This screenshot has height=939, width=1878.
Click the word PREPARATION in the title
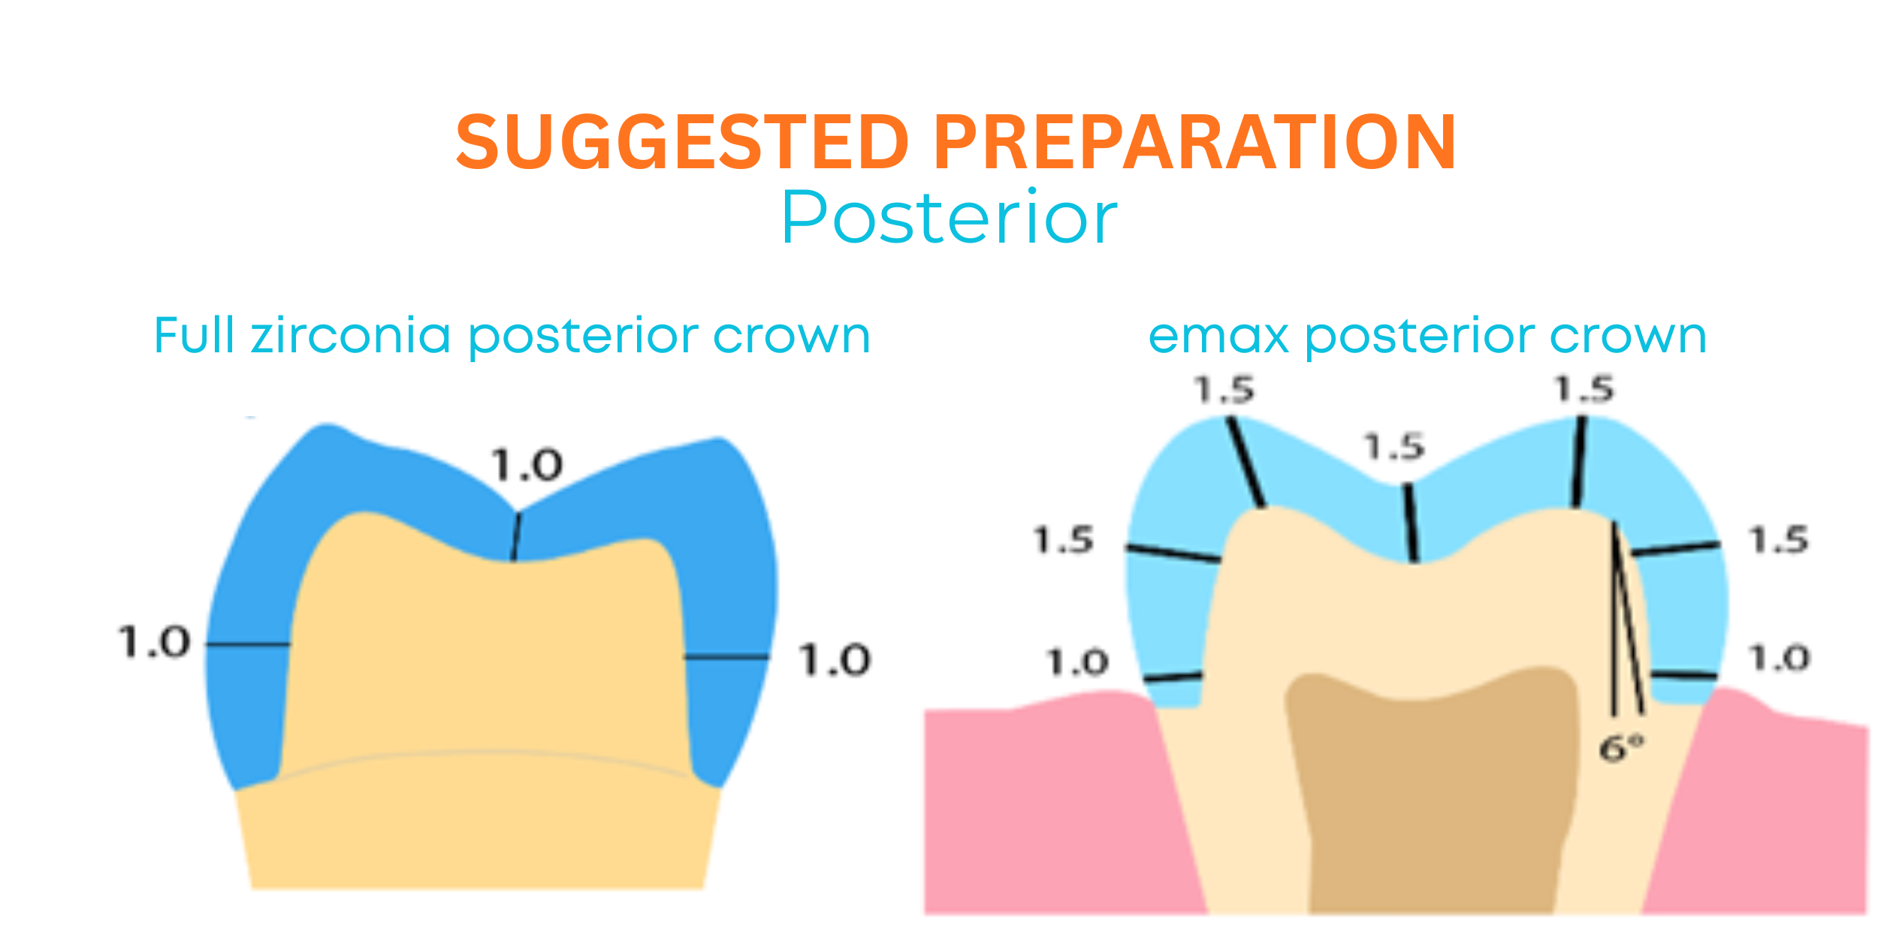point(1195,142)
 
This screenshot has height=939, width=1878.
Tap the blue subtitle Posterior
point(950,217)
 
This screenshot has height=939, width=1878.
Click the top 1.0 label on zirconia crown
point(526,465)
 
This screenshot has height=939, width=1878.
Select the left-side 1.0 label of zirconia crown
point(155,643)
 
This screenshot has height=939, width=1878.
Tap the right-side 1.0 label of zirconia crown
point(834,660)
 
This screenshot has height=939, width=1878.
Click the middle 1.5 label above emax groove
point(1394,446)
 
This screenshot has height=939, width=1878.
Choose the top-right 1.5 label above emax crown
point(1584,389)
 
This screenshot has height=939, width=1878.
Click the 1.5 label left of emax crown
point(1064,540)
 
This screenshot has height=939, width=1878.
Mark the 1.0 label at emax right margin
point(1780,658)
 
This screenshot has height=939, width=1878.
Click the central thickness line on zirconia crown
point(516,536)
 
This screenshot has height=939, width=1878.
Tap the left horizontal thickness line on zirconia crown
point(249,644)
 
